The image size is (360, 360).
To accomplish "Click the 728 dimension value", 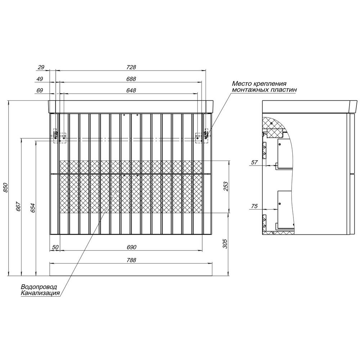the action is tap(131, 67).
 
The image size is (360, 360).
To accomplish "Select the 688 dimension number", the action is tap(131, 79).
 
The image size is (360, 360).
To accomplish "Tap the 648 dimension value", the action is tap(131, 90).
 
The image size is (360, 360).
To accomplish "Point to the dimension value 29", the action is tap(41, 67).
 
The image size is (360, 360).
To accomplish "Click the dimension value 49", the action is tap(40, 79).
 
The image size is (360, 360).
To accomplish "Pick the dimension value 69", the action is tap(40, 90).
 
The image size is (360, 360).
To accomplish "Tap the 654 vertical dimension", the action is tap(33, 208).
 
